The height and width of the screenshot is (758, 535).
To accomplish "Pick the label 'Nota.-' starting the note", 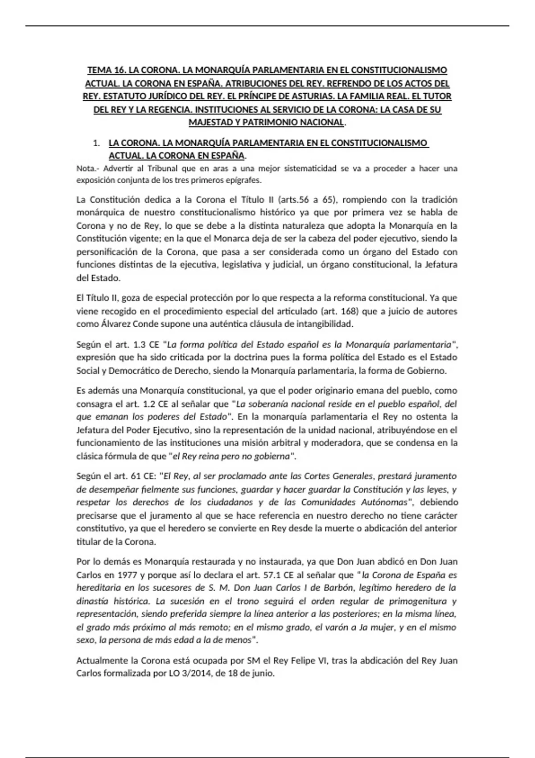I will (87, 169).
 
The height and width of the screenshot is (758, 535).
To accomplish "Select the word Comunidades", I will (328, 502).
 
